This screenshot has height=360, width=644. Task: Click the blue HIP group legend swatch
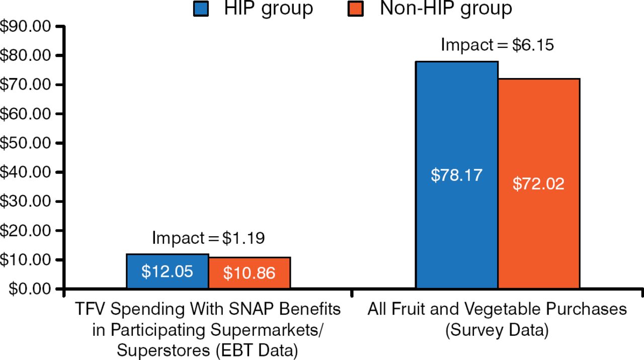coord(201,9)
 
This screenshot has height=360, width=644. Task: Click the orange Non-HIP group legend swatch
coord(356,9)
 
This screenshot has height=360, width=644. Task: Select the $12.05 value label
coord(167,272)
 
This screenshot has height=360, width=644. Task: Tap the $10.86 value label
coord(249,273)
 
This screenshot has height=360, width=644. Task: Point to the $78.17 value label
coord(456,175)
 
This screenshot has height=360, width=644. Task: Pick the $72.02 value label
coord(538,184)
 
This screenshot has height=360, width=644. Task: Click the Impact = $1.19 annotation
coord(208,238)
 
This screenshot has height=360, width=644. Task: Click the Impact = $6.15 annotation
coord(497,45)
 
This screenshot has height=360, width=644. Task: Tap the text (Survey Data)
coord(497,330)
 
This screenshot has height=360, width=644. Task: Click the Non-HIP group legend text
coord(446,9)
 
